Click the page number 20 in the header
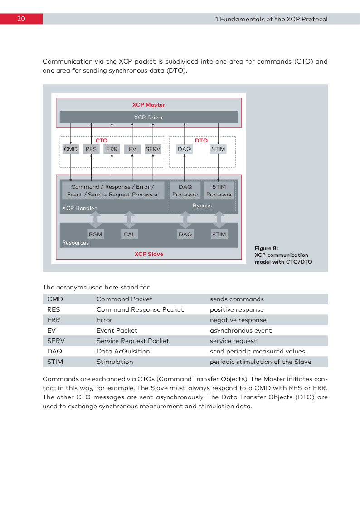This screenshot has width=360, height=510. [x=21, y=19]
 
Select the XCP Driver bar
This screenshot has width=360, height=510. [x=149, y=118]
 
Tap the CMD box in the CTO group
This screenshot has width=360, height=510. [x=71, y=149]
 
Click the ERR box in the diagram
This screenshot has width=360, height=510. [x=112, y=149]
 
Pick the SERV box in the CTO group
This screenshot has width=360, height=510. [x=153, y=149]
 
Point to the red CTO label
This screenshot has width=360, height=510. [x=102, y=141]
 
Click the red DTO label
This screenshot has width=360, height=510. [x=201, y=141]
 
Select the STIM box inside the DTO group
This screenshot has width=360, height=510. [x=218, y=149]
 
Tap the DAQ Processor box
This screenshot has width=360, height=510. [x=185, y=191]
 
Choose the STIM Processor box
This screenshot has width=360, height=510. [x=219, y=191]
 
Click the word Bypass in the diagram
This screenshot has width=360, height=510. [x=202, y=206]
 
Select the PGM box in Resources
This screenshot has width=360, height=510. [x=96, y=234]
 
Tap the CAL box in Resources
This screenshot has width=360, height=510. [x=129, y=234]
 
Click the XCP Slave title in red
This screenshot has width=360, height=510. [x=149, y=254]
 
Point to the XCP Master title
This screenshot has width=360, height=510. [x=148, y=105]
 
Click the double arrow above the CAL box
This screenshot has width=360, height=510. [x=129, y=220]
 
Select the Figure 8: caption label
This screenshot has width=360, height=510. [x=267, y=248]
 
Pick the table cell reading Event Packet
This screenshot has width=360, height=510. [x=117, y=330]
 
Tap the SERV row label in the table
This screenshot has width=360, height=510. [x=56, y=341]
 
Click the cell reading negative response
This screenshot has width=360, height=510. [x=238, y=320]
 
